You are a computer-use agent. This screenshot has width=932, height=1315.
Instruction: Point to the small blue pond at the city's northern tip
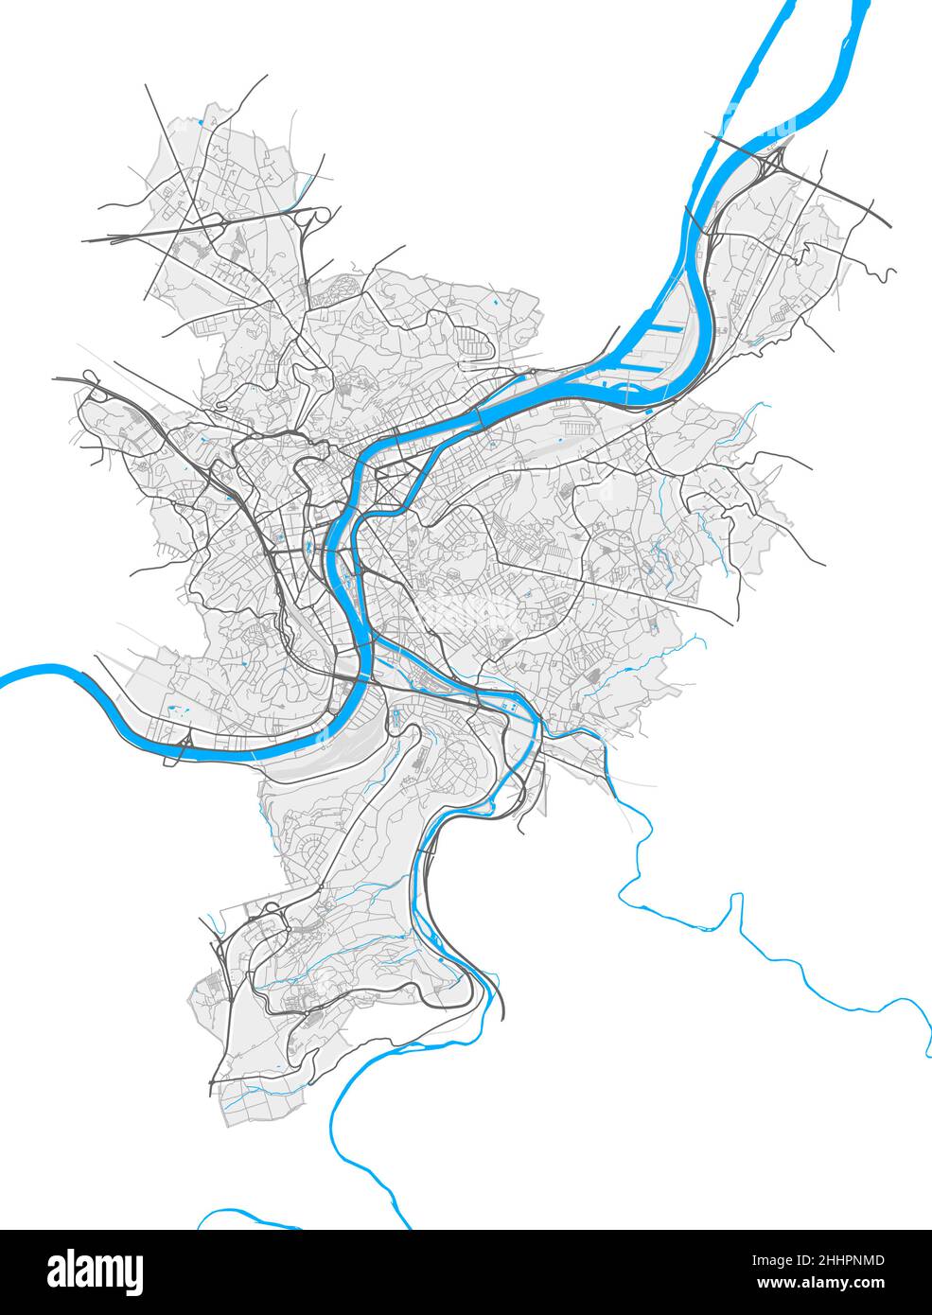pos(202,123)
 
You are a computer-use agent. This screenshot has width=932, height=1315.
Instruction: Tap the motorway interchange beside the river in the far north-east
pos(771,161)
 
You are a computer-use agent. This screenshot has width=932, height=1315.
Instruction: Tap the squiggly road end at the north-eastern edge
pos(889,275)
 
